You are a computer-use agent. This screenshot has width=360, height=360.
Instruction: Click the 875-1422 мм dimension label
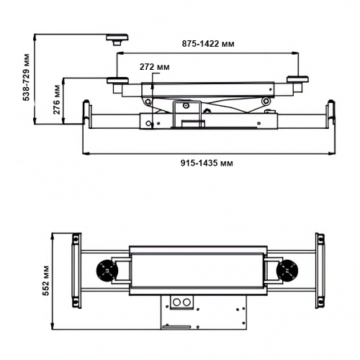click(x=208, y=44)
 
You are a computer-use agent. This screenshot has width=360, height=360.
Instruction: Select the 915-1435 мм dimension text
click(x=207, y=163)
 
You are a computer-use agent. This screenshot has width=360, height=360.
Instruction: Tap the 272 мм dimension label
click(x=155, y=67)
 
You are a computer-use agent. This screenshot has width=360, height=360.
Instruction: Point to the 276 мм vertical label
click(x=57, y=99)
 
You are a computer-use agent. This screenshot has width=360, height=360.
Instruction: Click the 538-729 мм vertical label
click(x=26, y=77)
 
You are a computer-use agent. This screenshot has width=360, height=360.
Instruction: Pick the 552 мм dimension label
click(x=45, y=281)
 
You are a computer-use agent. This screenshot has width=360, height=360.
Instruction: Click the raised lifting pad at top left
click(x=117, y=40)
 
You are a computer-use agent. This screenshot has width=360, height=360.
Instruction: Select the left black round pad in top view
click(x=107, y=271)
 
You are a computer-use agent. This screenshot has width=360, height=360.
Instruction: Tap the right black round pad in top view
click(x=287, y=271)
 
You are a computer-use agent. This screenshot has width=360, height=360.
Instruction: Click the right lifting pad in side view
click(x=297, y=80)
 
